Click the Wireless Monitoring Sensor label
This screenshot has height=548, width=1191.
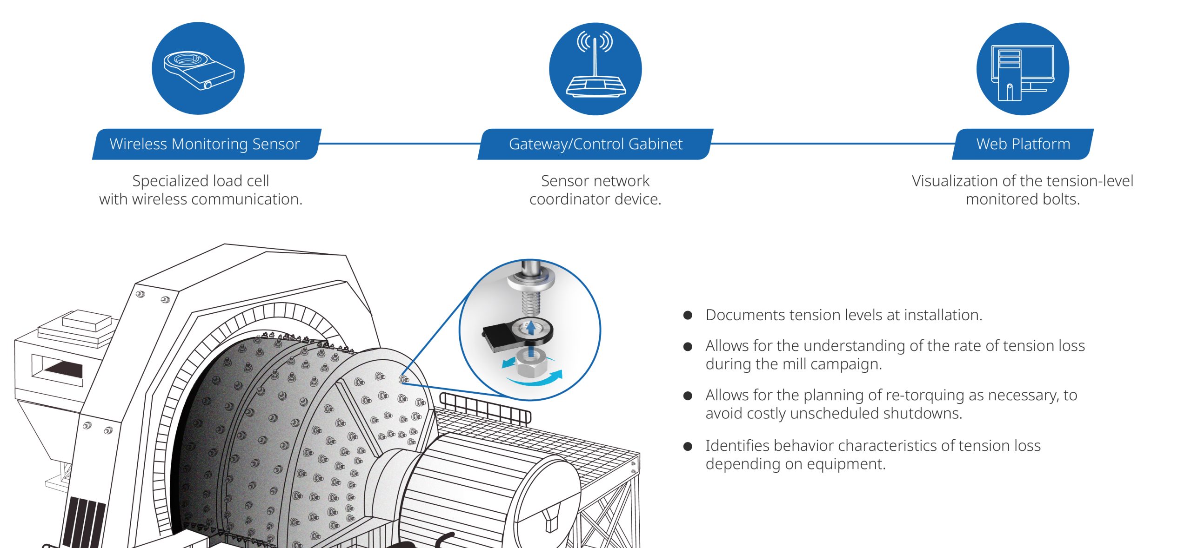[205, 144]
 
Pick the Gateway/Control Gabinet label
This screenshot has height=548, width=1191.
[595, 144]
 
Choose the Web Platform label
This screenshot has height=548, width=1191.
[1023, 144]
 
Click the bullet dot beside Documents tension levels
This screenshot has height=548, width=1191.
[688, 316]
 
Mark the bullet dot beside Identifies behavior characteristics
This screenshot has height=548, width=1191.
[688, 446]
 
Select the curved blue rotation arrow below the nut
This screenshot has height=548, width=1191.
[540, 379]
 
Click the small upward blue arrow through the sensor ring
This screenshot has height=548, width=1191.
[530, 328]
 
